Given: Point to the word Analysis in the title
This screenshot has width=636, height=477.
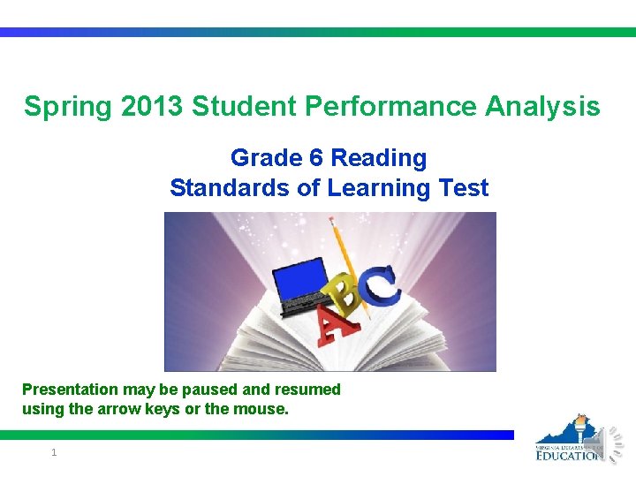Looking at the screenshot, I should pos(543,108).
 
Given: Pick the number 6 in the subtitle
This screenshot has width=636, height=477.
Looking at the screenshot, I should pos(315,158).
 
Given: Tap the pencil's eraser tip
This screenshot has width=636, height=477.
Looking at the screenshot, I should pos(335,221).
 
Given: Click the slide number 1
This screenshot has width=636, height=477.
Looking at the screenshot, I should pos(54,452).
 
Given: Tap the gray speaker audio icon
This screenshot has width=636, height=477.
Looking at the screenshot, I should pos(615,441).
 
